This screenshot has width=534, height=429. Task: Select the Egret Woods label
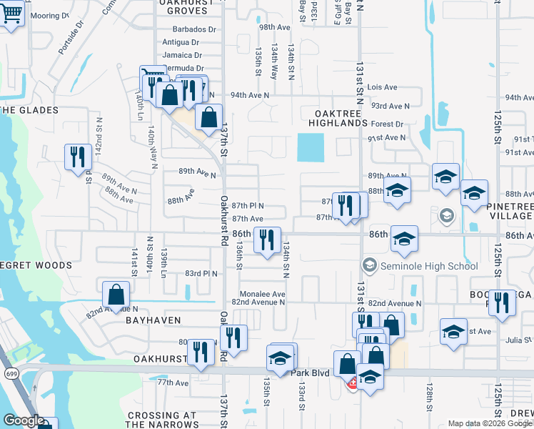click(x=36, y=265)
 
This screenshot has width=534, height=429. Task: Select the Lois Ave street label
click(x=383, y=87)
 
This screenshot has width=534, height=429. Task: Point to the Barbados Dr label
click(x=193, y=29)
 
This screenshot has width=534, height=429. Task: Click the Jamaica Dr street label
click(x=182, y=55)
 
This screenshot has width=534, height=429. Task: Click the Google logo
click(x=24, y=421)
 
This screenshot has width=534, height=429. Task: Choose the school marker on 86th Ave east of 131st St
click(x=404, y=240)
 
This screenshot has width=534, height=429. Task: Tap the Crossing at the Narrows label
click(x=161, y=420)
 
